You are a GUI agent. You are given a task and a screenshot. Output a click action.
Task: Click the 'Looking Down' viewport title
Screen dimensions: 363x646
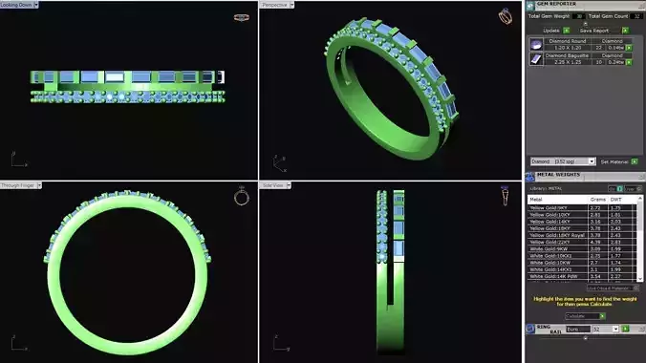pyautogui.click(x=17, y=5)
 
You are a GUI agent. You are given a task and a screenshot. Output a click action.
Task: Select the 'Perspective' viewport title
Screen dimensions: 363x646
pyautogui.click(x=276, y=5)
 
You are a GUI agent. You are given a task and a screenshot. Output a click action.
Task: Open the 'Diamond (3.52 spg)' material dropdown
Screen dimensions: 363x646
pyautogui.click(x=563, y=161)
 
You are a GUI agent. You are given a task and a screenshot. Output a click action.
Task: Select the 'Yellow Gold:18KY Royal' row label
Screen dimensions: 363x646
pyautogui.click(x=551, y=235)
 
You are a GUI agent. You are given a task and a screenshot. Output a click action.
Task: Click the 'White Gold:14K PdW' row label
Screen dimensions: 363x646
pyautogui.click(x=551, y=276)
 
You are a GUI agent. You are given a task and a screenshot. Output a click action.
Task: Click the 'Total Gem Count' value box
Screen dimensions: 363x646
pyautogui.click(x=636, y=16)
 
